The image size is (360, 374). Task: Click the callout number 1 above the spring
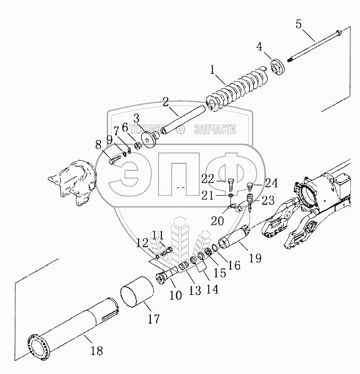(212, 69)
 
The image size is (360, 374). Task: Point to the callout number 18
(97, 351)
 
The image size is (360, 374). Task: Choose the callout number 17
(153, 319)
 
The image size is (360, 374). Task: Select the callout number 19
(255, 258)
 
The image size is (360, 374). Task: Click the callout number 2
(165, 100)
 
